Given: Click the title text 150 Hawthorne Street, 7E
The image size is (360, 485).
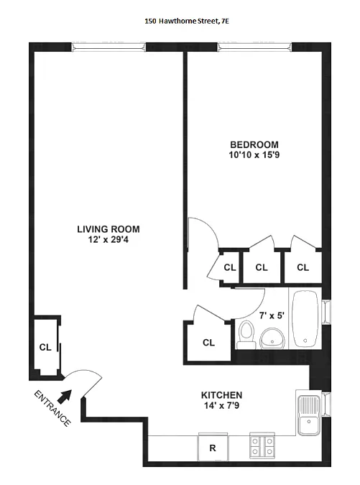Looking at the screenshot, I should click(186, 22).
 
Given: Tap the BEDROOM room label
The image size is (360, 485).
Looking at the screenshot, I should click(249, 143).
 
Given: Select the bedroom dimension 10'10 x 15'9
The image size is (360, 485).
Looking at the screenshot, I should click(249, 154).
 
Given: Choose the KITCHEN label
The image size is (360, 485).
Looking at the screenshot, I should click(221, 395).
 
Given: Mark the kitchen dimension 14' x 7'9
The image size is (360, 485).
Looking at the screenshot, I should click(221, 406).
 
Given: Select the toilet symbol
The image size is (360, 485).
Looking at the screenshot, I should click(246, 334).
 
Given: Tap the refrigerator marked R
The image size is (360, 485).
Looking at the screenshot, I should click(213, 448).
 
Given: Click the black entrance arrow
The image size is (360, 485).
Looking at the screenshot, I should click(65, 394).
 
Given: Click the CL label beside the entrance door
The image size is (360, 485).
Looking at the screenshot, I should click(45, 347).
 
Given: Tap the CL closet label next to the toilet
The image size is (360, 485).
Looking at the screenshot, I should click(208, 343).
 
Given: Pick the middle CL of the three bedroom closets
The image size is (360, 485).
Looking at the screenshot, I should click(262, 267).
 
